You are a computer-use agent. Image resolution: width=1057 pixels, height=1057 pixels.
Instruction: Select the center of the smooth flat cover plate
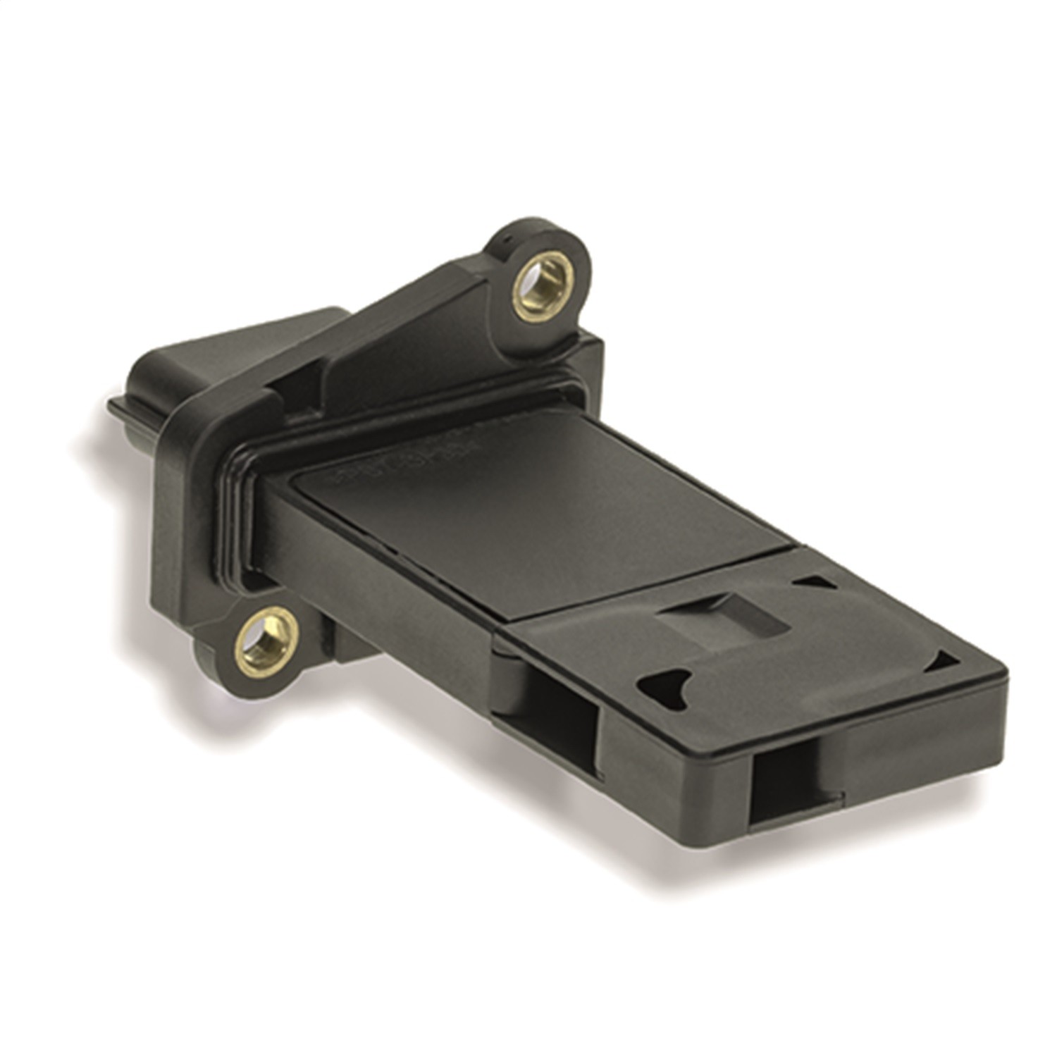pyautogui.click(x=536, y=507)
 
